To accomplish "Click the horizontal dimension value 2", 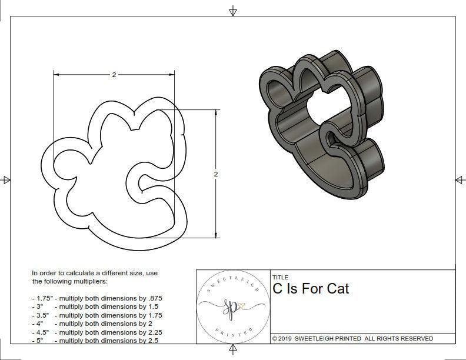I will [114, 75].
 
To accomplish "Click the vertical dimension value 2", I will [217, 175].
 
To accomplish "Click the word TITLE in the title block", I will [280, 278].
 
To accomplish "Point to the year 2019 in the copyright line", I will [287, 338].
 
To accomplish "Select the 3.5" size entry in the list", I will [42, 315].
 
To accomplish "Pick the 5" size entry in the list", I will [39, 340].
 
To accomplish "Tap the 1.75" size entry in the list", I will [42, 298].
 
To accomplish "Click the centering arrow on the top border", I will [234, 11].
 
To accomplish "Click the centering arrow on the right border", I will [460, 179].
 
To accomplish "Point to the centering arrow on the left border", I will [6, 179].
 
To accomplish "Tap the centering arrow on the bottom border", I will [234, 351].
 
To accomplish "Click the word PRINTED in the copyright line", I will [349, 338].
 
